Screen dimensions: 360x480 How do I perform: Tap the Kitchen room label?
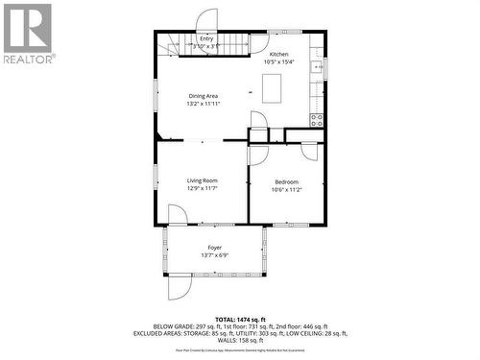click(x=278, y=54)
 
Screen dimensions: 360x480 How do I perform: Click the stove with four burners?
click(x=317, y=119)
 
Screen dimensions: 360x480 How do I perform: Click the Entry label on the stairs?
click(x=206, y=38)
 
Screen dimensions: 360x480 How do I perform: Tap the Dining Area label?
click(x=203, y=96)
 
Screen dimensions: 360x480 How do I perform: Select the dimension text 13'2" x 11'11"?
click(x=203, y=104)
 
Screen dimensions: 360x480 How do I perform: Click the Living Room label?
click(x=202, y=180)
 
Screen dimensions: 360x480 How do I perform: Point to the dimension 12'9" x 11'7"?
click(x=202, y=188)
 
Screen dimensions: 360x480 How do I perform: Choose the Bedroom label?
click(x=286, y=181)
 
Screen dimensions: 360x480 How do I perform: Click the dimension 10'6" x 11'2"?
click(x=286, y=189)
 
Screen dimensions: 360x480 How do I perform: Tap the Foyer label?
click(x=214, y=248)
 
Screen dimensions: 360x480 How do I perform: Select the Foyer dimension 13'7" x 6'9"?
click(x=214, y=255)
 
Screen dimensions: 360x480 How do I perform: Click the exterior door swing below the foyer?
click(x=180, y=286)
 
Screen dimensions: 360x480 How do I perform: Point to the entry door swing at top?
click(x=208, y=21)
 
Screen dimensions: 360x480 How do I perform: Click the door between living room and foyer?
click(x=178, y=215)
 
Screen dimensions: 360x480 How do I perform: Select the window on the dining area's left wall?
click(x=155, y=95)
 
